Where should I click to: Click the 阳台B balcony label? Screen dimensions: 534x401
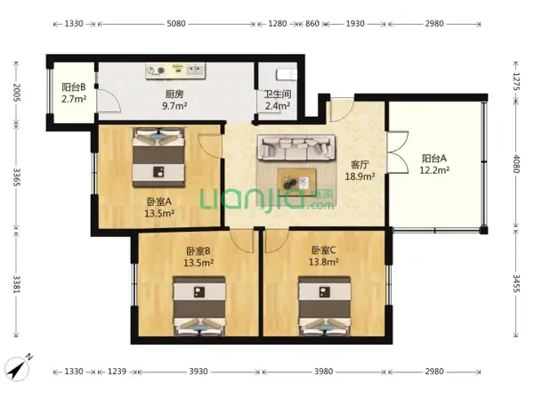[74, 87]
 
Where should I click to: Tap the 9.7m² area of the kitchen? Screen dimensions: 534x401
[174, 106]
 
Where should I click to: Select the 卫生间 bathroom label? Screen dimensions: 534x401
[278, 94]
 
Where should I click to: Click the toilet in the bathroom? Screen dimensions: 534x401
[287, 75]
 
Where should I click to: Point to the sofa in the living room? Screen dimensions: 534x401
[296, 147]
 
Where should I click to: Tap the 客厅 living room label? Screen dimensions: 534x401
[360, 165]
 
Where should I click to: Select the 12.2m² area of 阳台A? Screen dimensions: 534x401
[434, 170]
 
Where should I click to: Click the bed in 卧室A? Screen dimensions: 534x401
[158, 158]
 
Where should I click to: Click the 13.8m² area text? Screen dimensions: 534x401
[324, 262]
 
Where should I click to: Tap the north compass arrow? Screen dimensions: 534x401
[19, 367]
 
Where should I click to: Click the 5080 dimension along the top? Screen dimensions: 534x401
[176, 23]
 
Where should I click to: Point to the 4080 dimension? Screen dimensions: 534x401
[516, 164]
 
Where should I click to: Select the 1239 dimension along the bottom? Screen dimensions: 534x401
[117, 371]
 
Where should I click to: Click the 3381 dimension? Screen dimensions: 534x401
[17, 283]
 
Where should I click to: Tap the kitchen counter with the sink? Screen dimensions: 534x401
[175, 71]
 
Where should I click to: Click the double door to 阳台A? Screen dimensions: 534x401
[397, 152]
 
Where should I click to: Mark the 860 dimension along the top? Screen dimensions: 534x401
[312, 23]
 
